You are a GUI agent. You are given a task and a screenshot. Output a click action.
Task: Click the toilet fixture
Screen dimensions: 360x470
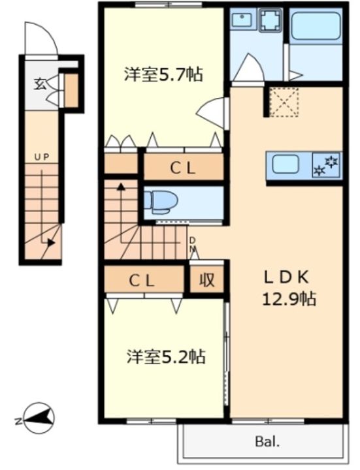click(x=161, y=202)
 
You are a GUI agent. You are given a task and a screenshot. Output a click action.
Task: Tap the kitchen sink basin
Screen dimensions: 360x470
click(x=286, y=165)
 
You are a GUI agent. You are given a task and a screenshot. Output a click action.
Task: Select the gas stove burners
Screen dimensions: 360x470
click(x=326, y=165)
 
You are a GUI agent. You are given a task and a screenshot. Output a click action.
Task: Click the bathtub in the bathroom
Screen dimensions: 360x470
click(x=316, y=26)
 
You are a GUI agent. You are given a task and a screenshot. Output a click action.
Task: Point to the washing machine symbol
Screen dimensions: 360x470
click(x=271, y=20)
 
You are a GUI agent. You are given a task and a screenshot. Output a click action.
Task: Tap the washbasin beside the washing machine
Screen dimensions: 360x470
click(x=243, y=18)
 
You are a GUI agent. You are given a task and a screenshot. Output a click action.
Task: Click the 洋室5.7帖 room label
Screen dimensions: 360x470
click(x=164, y=74)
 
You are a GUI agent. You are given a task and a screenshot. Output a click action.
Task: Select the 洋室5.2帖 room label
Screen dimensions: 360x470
click(x=165, y=356)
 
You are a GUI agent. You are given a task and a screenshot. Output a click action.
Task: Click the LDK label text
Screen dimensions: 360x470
click(x=286, y=277)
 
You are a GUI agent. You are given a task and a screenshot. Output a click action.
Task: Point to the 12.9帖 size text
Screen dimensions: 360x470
click(x=289, y=299)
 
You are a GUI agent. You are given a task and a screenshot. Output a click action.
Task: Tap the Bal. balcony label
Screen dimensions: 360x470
click(x=267, y=441)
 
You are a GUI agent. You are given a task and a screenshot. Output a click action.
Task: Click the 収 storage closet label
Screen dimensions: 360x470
click(x=206, y=280)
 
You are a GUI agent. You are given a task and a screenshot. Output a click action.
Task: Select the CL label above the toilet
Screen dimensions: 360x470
click(x=183, y=168)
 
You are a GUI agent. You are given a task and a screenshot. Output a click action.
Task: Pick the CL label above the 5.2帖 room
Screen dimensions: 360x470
click(x=142, y=281)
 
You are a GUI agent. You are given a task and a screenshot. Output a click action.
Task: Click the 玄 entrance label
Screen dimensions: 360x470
click(x=40, y=84)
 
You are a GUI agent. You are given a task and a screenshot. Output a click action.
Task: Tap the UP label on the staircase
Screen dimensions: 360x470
click(x=41, y=157)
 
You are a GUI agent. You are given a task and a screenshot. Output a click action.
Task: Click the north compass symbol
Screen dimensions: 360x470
click(x=37, y=418)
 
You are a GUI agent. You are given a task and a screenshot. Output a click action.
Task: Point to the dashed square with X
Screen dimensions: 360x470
click(x=284, y=102)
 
